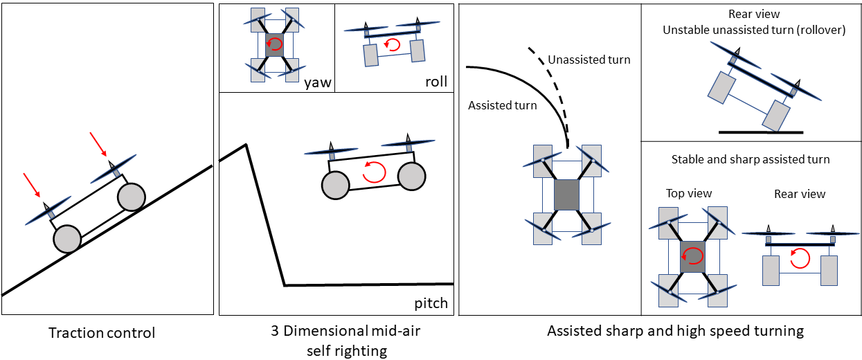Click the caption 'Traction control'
pos(102,333)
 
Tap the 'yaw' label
pos(317,83)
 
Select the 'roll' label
pos(436,82)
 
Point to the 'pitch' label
pos(431,303)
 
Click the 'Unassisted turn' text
pos(589,60)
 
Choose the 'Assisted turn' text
pos(502,106)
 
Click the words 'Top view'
pos(689,194)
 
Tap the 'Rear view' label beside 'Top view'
pos(800,195)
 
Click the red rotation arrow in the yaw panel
pos(275,45)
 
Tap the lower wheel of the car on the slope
pos(67,239)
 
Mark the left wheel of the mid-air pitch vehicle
pos(336,185)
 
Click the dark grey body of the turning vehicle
pos(566,193)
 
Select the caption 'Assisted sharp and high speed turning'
pos(675,331)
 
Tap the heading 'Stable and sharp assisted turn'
pos(750,160)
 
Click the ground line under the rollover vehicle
pos(760,131)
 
